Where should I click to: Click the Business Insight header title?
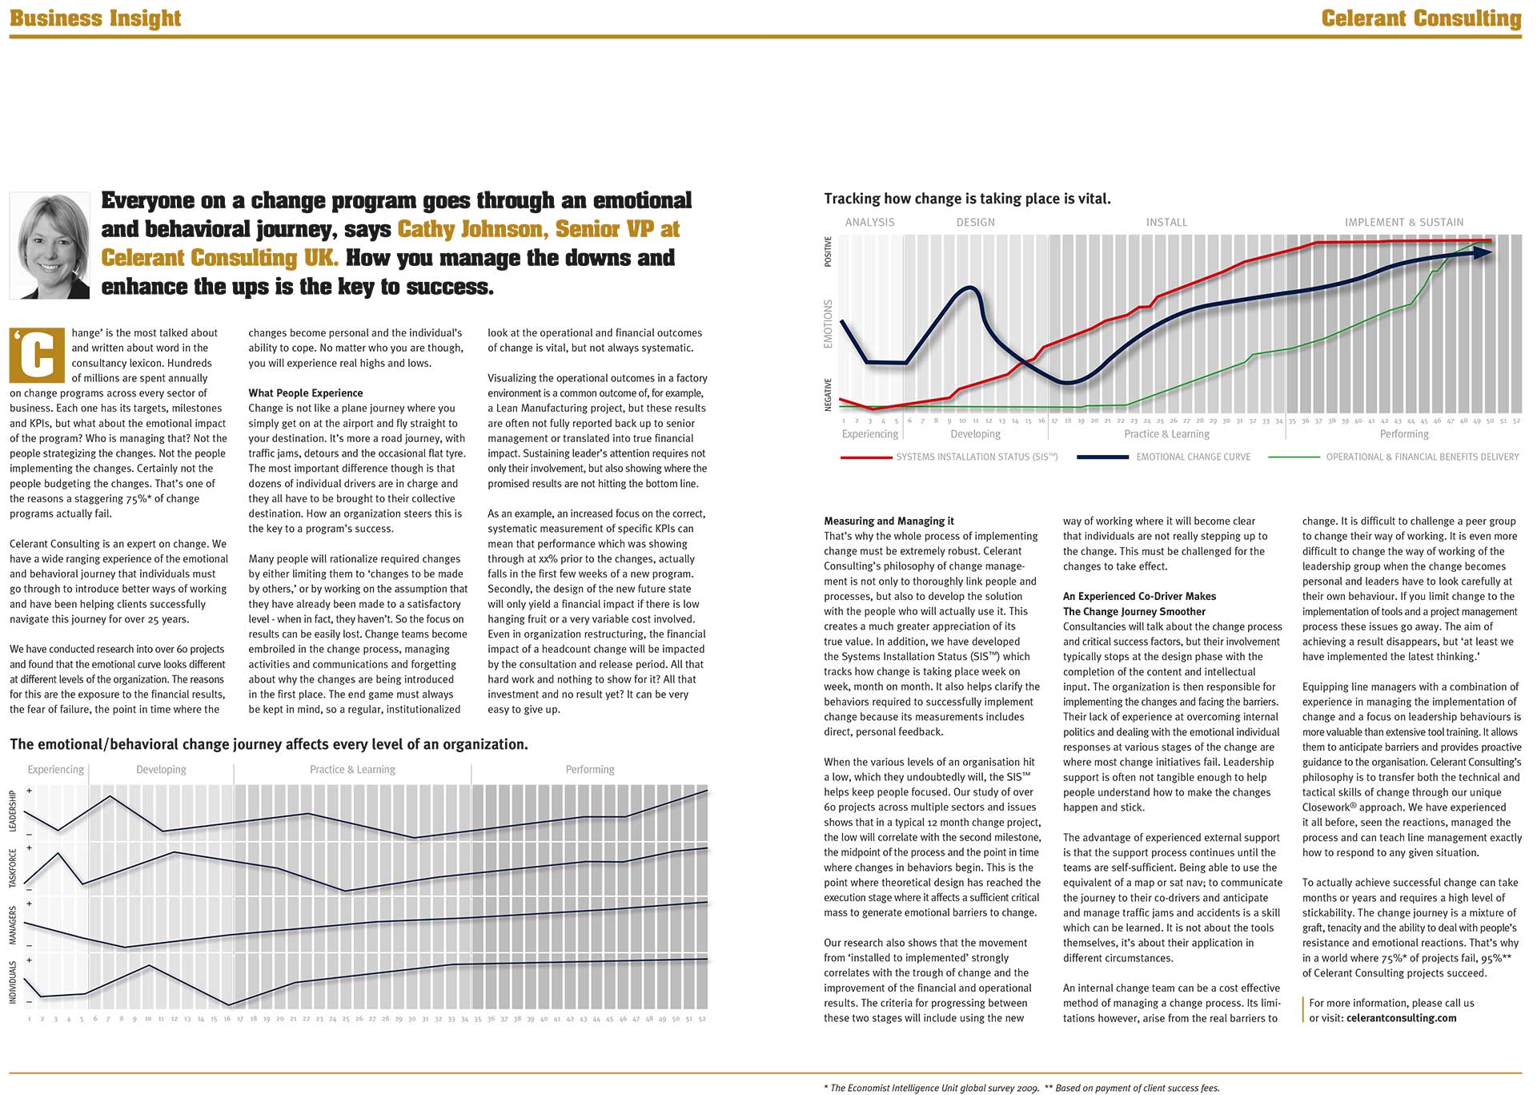95,18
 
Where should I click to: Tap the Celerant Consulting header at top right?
1421,18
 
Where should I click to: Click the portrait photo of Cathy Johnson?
50,245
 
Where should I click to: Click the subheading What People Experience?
305,393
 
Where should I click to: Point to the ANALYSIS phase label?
869,222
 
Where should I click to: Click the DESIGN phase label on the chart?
975,222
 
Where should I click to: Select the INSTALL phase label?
1166,222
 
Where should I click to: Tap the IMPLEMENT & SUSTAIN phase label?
1403,222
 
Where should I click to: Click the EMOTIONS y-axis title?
829,324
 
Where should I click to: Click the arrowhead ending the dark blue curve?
1483,252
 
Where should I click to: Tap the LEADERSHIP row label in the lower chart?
13,811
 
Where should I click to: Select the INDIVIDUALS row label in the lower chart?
13,982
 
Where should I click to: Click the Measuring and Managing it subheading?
889,521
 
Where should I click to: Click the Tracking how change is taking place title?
967,198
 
